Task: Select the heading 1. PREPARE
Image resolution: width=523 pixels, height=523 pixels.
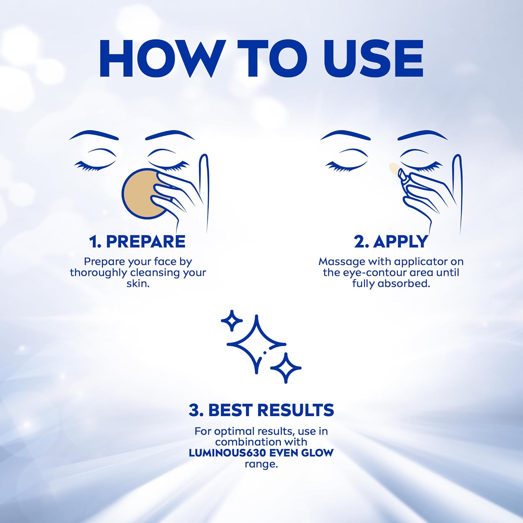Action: pyautogui.click(x=137, y=242)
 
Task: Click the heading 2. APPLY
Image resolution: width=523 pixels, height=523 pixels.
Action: pyautogui.click(x=391, y=242)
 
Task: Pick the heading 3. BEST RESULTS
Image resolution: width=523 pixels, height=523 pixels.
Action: pyautogui.click(x=261, y=410)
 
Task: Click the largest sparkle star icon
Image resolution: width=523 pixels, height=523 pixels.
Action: pyautogui.click(x=256, y=344)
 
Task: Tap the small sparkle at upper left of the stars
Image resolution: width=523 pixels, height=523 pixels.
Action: pyautogui.click(x=232, y=320)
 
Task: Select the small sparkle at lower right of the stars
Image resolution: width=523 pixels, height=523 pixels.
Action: pyautogui.click(x=286, y=367)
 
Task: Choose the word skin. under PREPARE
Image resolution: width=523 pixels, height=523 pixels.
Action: pyautogui.click(x=138, y=283)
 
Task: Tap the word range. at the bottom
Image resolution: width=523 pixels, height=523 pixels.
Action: pyautogui.click(x=261, y=464)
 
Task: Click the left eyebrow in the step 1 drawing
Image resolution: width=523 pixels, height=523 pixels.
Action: pyautogui.click(x=94, y=135)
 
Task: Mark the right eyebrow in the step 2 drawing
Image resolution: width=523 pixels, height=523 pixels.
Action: pyautogui.click(x=423, y=135)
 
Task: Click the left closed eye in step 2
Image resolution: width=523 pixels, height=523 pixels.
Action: pyautogui.click(x=347, y=161)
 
